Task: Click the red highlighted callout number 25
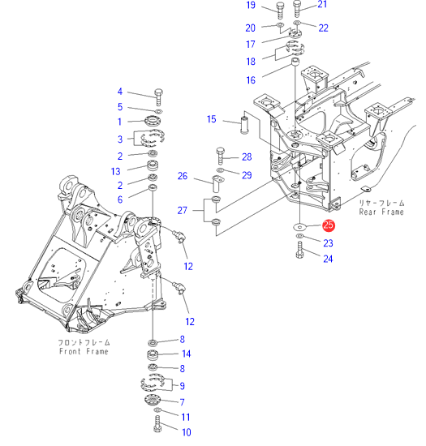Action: pos(329,225)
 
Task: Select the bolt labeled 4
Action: pos(158,97)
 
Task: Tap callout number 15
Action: pos(212,119)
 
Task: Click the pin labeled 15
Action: pos(245,122)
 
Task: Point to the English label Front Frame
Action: pos(84,351)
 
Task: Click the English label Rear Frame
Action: pos(381,212)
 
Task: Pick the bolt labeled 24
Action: pos(299,250)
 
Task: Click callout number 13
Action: pos(115,172)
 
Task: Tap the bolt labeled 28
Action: pos(221,156)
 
